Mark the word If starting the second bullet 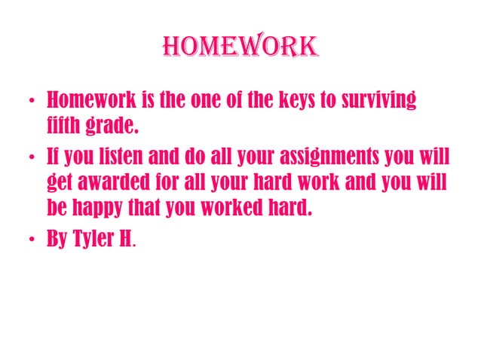click(54, 159)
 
